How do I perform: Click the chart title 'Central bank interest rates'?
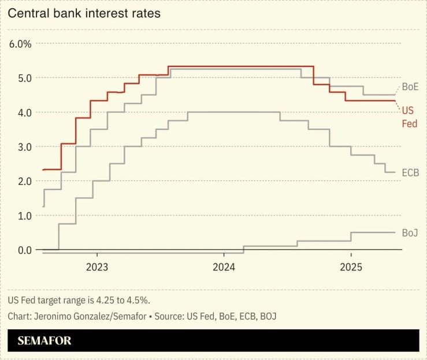coord(84,13)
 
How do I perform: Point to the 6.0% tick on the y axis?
coord(20,43)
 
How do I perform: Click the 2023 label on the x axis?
coord(96,268)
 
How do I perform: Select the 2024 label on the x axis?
coord(224,268)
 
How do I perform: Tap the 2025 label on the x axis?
coord(351,268)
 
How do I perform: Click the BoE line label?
coord(410,87)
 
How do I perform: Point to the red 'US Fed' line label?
coord(409,117)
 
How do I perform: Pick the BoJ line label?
coord(410,232)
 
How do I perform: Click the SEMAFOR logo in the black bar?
coord(44,340)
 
